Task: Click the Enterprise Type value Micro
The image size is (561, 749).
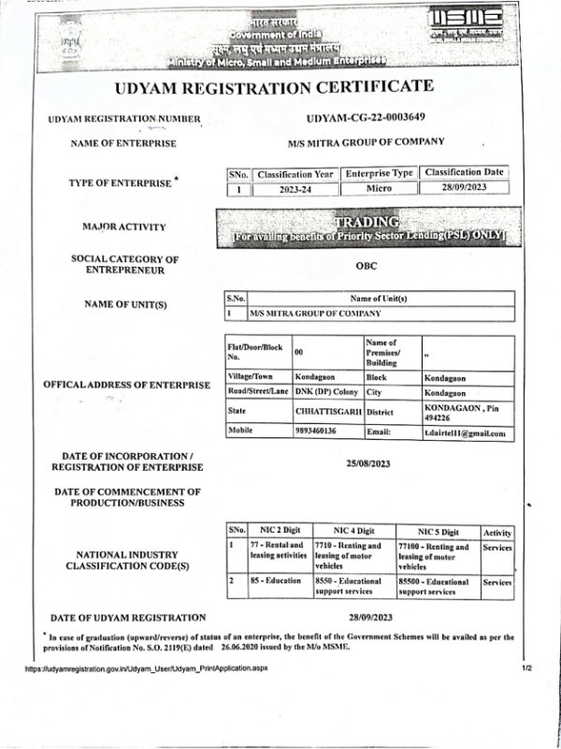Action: [378, 188]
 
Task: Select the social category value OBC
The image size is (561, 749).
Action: [367, 265]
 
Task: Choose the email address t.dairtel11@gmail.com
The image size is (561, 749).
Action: [467, 433]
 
